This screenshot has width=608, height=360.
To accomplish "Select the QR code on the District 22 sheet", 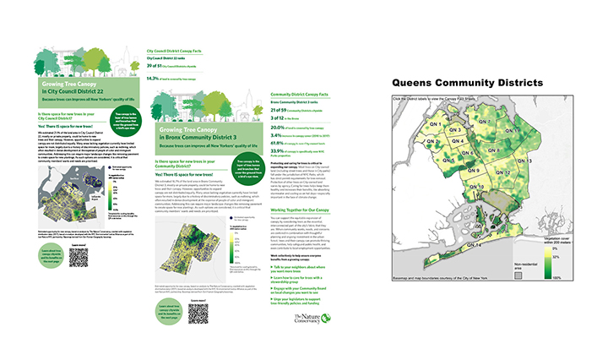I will click(79, 258).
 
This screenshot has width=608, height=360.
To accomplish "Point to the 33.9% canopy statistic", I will click(275, 152).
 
